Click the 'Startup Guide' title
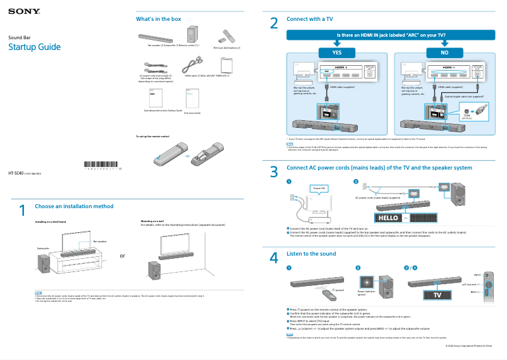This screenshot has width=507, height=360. [34, 47]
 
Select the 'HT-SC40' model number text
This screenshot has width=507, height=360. [16, 173]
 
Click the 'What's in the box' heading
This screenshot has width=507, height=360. [158, 19]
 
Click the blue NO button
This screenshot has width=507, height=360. [445, 52]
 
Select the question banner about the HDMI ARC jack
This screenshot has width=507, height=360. [391, 35]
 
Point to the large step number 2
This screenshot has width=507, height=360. [274, 23]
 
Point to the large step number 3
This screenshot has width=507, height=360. [274, 171]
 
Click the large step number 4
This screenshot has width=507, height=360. [274, 258]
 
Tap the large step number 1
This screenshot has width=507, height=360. [22, 210]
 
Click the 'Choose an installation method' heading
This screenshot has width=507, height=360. [74, 206]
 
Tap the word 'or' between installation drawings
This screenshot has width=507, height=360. [123, 256]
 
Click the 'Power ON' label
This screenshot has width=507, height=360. [319, 189]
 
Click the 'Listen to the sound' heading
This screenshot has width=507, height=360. [311, 253]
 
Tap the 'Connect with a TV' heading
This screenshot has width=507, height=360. [310, 19]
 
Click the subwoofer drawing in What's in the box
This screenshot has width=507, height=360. [192, 35]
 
